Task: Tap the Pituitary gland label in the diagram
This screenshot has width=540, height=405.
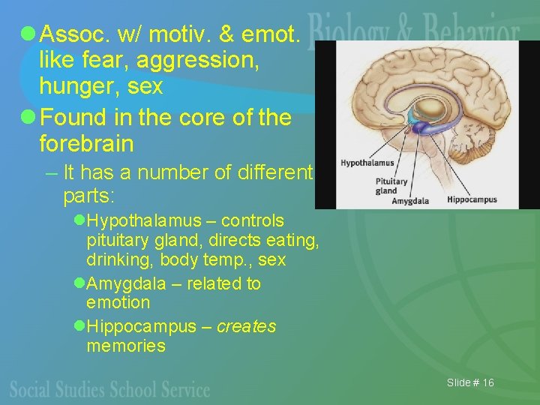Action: (x=391, y=186)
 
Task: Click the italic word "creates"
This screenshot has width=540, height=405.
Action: (x=246, y=327)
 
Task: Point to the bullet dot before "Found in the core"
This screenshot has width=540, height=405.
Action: (x=28, y=117)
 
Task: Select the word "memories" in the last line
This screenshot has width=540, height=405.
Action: (x=126, y=346)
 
